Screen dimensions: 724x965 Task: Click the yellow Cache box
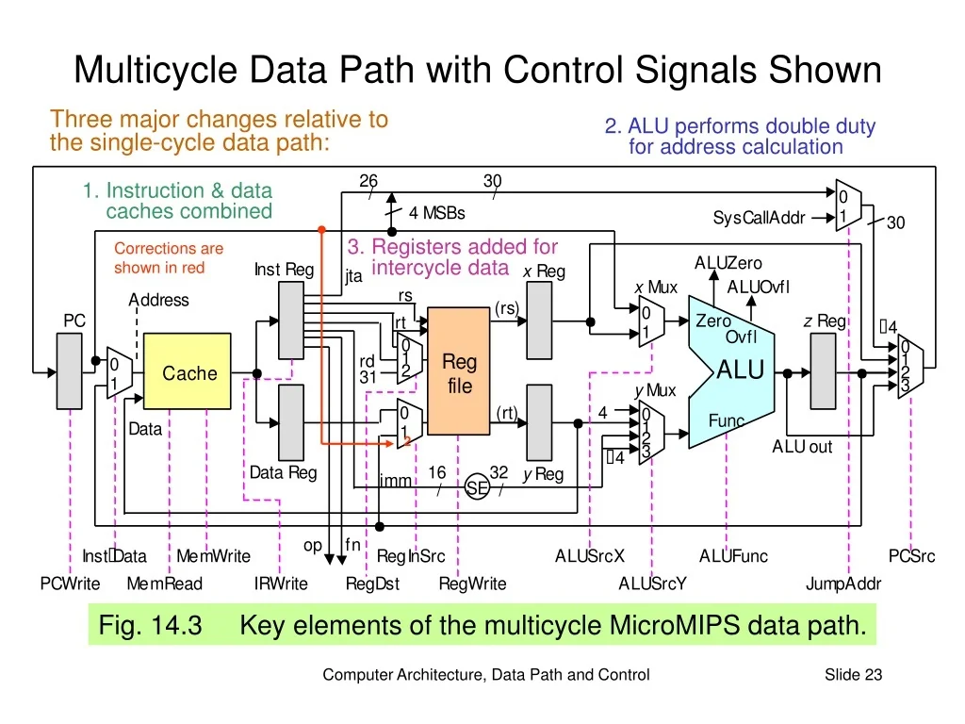[x=188, y=373]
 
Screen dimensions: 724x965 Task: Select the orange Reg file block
[x=459, y=373]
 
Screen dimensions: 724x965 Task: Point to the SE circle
[x=478, y=487]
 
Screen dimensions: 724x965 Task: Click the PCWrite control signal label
[x=70, y=584]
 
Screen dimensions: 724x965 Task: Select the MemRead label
[x=164, y=584]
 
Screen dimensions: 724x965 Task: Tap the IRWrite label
[x=281, y=584]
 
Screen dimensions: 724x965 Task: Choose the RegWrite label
[x=472, y=584]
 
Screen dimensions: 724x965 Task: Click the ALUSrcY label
[x=652, y=584]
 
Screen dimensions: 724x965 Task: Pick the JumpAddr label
[x=843, y=584]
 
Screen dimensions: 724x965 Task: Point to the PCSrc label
[x=911, y=556]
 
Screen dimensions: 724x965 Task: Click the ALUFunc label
[x=733, y=556]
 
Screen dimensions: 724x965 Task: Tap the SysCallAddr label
[x=759, y=219]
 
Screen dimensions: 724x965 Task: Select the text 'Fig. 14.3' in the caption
[x=151, y=625]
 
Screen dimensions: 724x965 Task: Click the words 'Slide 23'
[x=853, y=674]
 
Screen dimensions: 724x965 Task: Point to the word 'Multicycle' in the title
[x=155, y=71]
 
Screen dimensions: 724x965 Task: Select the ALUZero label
[x=728, y=263]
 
